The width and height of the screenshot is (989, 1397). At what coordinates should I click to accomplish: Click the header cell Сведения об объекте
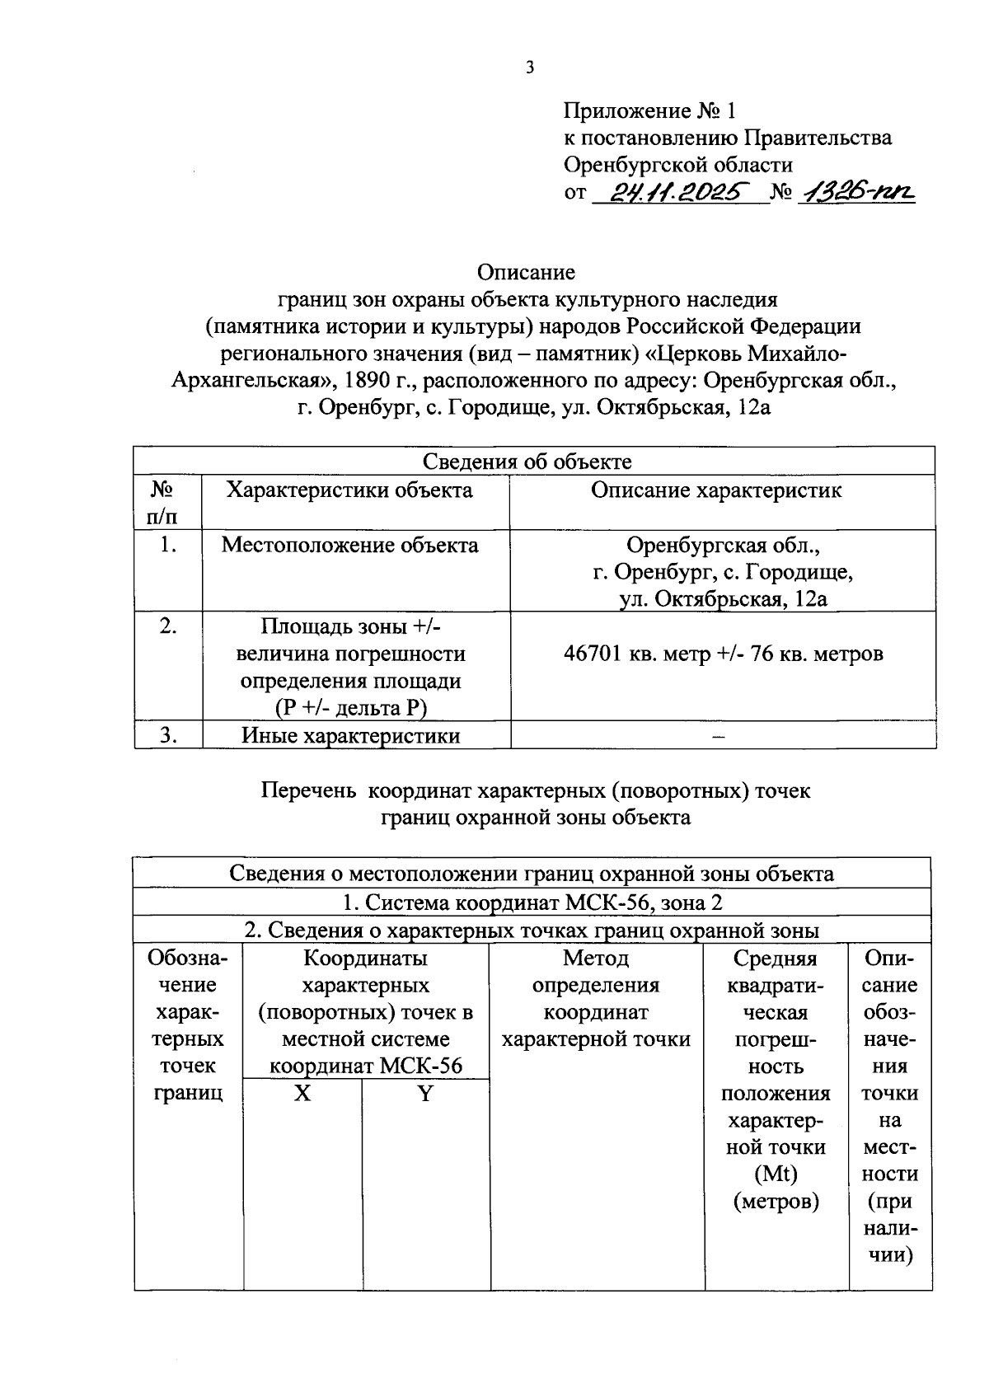pyautogui.click(x=527, y=462)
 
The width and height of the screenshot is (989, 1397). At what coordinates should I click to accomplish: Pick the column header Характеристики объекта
pyautogui.click(x=349, y=490)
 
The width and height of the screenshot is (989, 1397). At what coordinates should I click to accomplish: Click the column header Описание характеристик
pyautogui.click(x=716, y=490)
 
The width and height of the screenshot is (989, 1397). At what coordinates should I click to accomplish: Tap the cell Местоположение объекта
pyautogui.click(x=349, y=545)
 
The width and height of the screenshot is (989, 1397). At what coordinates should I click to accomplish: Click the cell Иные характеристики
pyautogui.click(x=350, y=735)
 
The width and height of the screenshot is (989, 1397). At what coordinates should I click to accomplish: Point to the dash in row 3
pyautogui.click(x=719, y=736)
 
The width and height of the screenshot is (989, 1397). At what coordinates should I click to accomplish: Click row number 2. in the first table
pyautogui.click(x=168, y=626)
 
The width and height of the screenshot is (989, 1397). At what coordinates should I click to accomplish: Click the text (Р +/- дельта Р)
pyautogui.click(x=351, y=708)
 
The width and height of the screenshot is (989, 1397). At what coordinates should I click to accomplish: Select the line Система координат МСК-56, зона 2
pyautogui.click(x=532, y=902)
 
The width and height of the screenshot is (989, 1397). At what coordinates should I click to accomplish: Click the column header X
pyautogui.click(x=303, y=1094)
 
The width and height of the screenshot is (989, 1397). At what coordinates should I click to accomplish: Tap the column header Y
pyautogui.click(x=425, y=1094)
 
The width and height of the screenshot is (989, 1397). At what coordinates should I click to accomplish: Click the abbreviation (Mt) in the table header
pyautogui.click(x=776, y=1174)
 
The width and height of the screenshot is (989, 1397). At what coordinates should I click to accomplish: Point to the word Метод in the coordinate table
pyautogui.click(x=596, y=958)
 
